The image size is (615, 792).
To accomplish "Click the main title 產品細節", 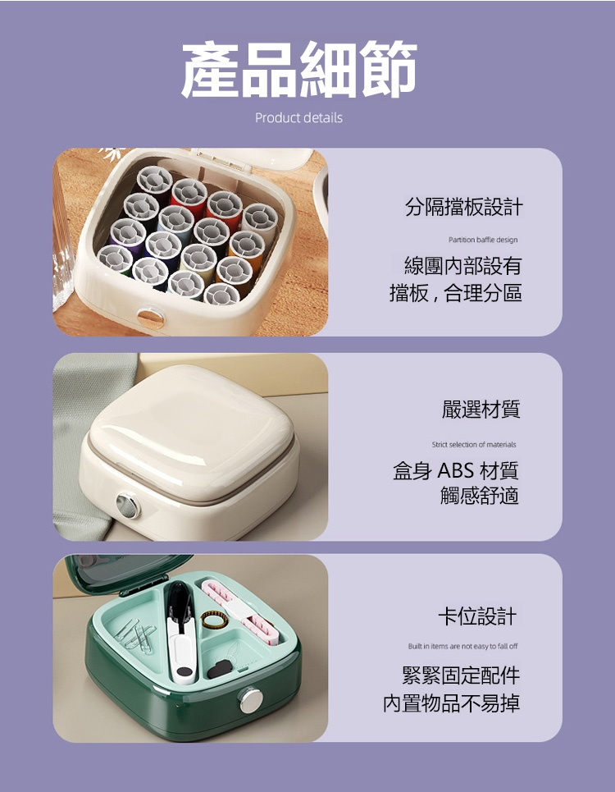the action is (x=299, y=69).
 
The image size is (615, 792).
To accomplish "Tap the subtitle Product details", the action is (x=298, y=117).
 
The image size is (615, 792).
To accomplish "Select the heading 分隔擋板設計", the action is (x=463, y=207).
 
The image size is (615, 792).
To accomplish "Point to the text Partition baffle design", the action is (x=483, y=240).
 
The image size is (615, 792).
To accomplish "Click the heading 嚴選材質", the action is (x=481, y=410).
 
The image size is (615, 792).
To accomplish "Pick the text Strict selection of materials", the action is (x=474, y=445).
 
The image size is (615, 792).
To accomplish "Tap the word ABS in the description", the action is (x=456, y=471).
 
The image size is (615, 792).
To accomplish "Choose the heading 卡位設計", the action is (x=477, y=616).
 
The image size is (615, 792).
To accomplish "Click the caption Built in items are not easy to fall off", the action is (x=462, y=646).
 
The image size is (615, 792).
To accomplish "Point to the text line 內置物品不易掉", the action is (x=451, y=703).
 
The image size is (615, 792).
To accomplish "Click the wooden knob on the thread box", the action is (x=150, y=318).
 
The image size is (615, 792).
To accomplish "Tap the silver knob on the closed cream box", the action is (x=127, y=506).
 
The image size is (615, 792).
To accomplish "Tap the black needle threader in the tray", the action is (x=221, y=668).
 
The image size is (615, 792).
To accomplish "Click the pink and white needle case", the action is (x=240, y=611).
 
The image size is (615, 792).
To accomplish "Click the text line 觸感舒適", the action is (x=480, y=496).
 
